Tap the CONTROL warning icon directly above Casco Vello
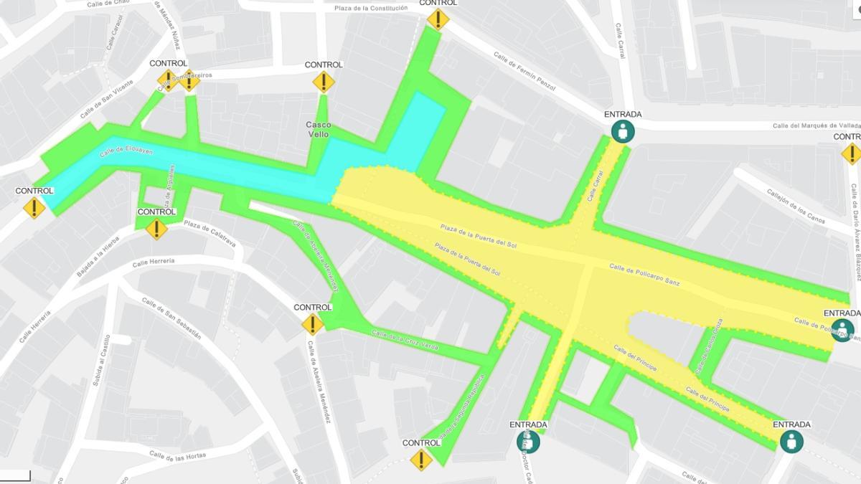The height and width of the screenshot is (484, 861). point(324,82)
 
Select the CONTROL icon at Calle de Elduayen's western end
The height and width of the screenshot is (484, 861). point(34,208)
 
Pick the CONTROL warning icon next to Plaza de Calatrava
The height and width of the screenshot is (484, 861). point(156,229)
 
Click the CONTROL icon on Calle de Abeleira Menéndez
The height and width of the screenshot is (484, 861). point(312,324)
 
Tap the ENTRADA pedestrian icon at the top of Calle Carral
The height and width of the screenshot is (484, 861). point(623,131)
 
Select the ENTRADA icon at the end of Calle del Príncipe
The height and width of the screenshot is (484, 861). point(791,441)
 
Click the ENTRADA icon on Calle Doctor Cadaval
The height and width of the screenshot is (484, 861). point(528,441)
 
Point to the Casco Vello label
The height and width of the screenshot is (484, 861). point(319,129)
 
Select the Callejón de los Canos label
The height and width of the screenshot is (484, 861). point(796,206)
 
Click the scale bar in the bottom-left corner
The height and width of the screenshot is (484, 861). point(15,475)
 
